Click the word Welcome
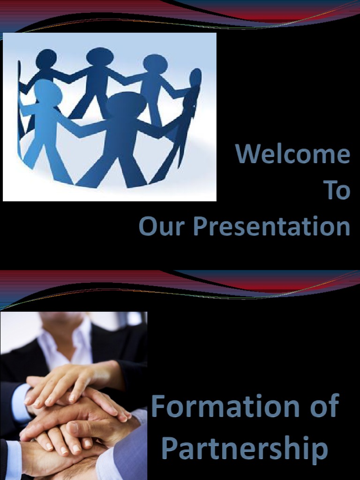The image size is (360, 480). click(292, 154)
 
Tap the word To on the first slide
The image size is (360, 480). click(337, 190)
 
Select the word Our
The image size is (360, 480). click(163, 226)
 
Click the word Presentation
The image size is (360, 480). click(271, 227)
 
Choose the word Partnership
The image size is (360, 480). click(244, 448)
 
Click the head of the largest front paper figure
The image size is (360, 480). click(126, 104)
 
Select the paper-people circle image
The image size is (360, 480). click(110, 117)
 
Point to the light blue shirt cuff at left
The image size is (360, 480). click(19, 401)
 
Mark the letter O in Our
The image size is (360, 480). click(148, 226)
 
